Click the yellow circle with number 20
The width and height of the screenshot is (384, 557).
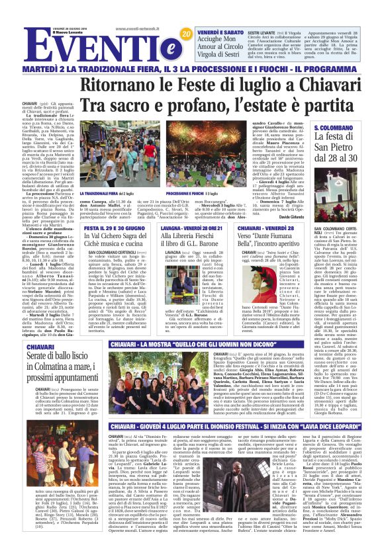coord(187,33)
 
